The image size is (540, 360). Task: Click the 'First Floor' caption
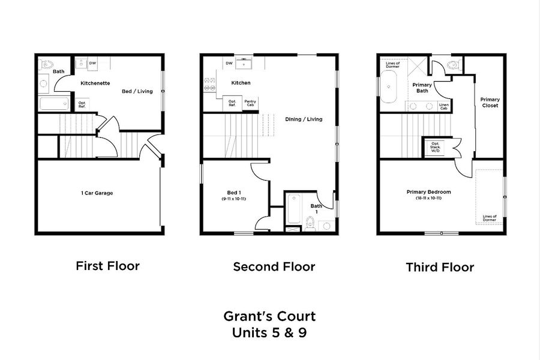coord(107,265)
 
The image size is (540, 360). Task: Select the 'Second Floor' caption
coord(274,266)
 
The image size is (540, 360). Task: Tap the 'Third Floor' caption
coord(439,266)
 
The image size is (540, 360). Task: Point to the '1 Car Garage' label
coord(97,193)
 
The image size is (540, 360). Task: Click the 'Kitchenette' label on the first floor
coord(95,83)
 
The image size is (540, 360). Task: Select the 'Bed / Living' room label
coord(137,91)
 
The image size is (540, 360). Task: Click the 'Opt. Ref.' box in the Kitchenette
coord(82,104)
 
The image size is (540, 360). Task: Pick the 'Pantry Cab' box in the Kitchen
coord(250,104)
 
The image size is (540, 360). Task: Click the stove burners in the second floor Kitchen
coord(211,83)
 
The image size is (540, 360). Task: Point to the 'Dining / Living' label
coord(304,119)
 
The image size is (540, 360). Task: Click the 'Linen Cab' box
coord(443,106)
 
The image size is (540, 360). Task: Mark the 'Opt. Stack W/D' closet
coord(436,147)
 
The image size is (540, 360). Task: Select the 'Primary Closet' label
coord(490,102)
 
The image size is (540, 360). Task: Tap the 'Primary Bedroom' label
coord(428,192)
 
